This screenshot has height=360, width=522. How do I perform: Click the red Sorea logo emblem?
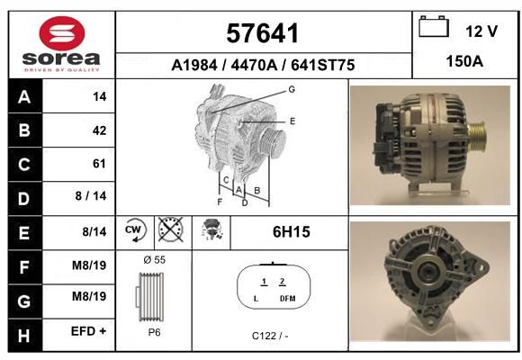tap(62, 33)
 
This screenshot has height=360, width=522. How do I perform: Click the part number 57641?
tap(262, 33)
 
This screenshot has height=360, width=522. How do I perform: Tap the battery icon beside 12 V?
tap(434, 26)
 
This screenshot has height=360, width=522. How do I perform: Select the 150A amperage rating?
tap(464, 61)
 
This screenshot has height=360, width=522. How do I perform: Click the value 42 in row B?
tap(100, 130)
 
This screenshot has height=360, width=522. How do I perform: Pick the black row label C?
tap(24, 164)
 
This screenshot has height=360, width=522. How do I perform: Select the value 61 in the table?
tap(99, 164)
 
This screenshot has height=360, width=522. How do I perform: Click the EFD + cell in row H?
tap(88, 331)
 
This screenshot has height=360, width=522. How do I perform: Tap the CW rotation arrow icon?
tap(136, 229)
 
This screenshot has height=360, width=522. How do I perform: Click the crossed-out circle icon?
tap(170, 229)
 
